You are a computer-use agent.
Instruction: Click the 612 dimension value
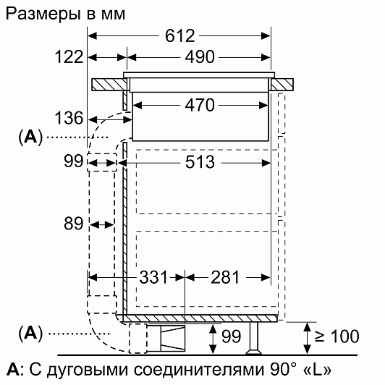180,36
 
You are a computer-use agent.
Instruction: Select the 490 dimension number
200,57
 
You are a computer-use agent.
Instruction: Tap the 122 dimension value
69,57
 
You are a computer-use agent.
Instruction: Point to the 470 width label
200,106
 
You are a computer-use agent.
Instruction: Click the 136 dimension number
69,118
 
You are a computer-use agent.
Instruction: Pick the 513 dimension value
200,162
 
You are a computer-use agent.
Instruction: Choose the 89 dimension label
73,224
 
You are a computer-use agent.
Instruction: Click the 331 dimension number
153,277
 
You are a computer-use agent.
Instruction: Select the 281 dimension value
225,277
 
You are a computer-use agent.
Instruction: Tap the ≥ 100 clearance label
337,336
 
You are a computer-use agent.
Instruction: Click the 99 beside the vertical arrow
232,337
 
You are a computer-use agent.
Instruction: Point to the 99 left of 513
73,161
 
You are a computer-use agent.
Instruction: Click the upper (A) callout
30,137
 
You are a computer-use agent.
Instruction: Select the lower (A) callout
30,333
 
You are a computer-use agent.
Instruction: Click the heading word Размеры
43,14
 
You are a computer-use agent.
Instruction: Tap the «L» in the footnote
318,370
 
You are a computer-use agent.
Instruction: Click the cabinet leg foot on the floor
254,352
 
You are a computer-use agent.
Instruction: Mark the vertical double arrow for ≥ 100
307,338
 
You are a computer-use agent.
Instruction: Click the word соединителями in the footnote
200,370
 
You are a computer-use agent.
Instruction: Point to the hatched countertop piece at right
282,85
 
